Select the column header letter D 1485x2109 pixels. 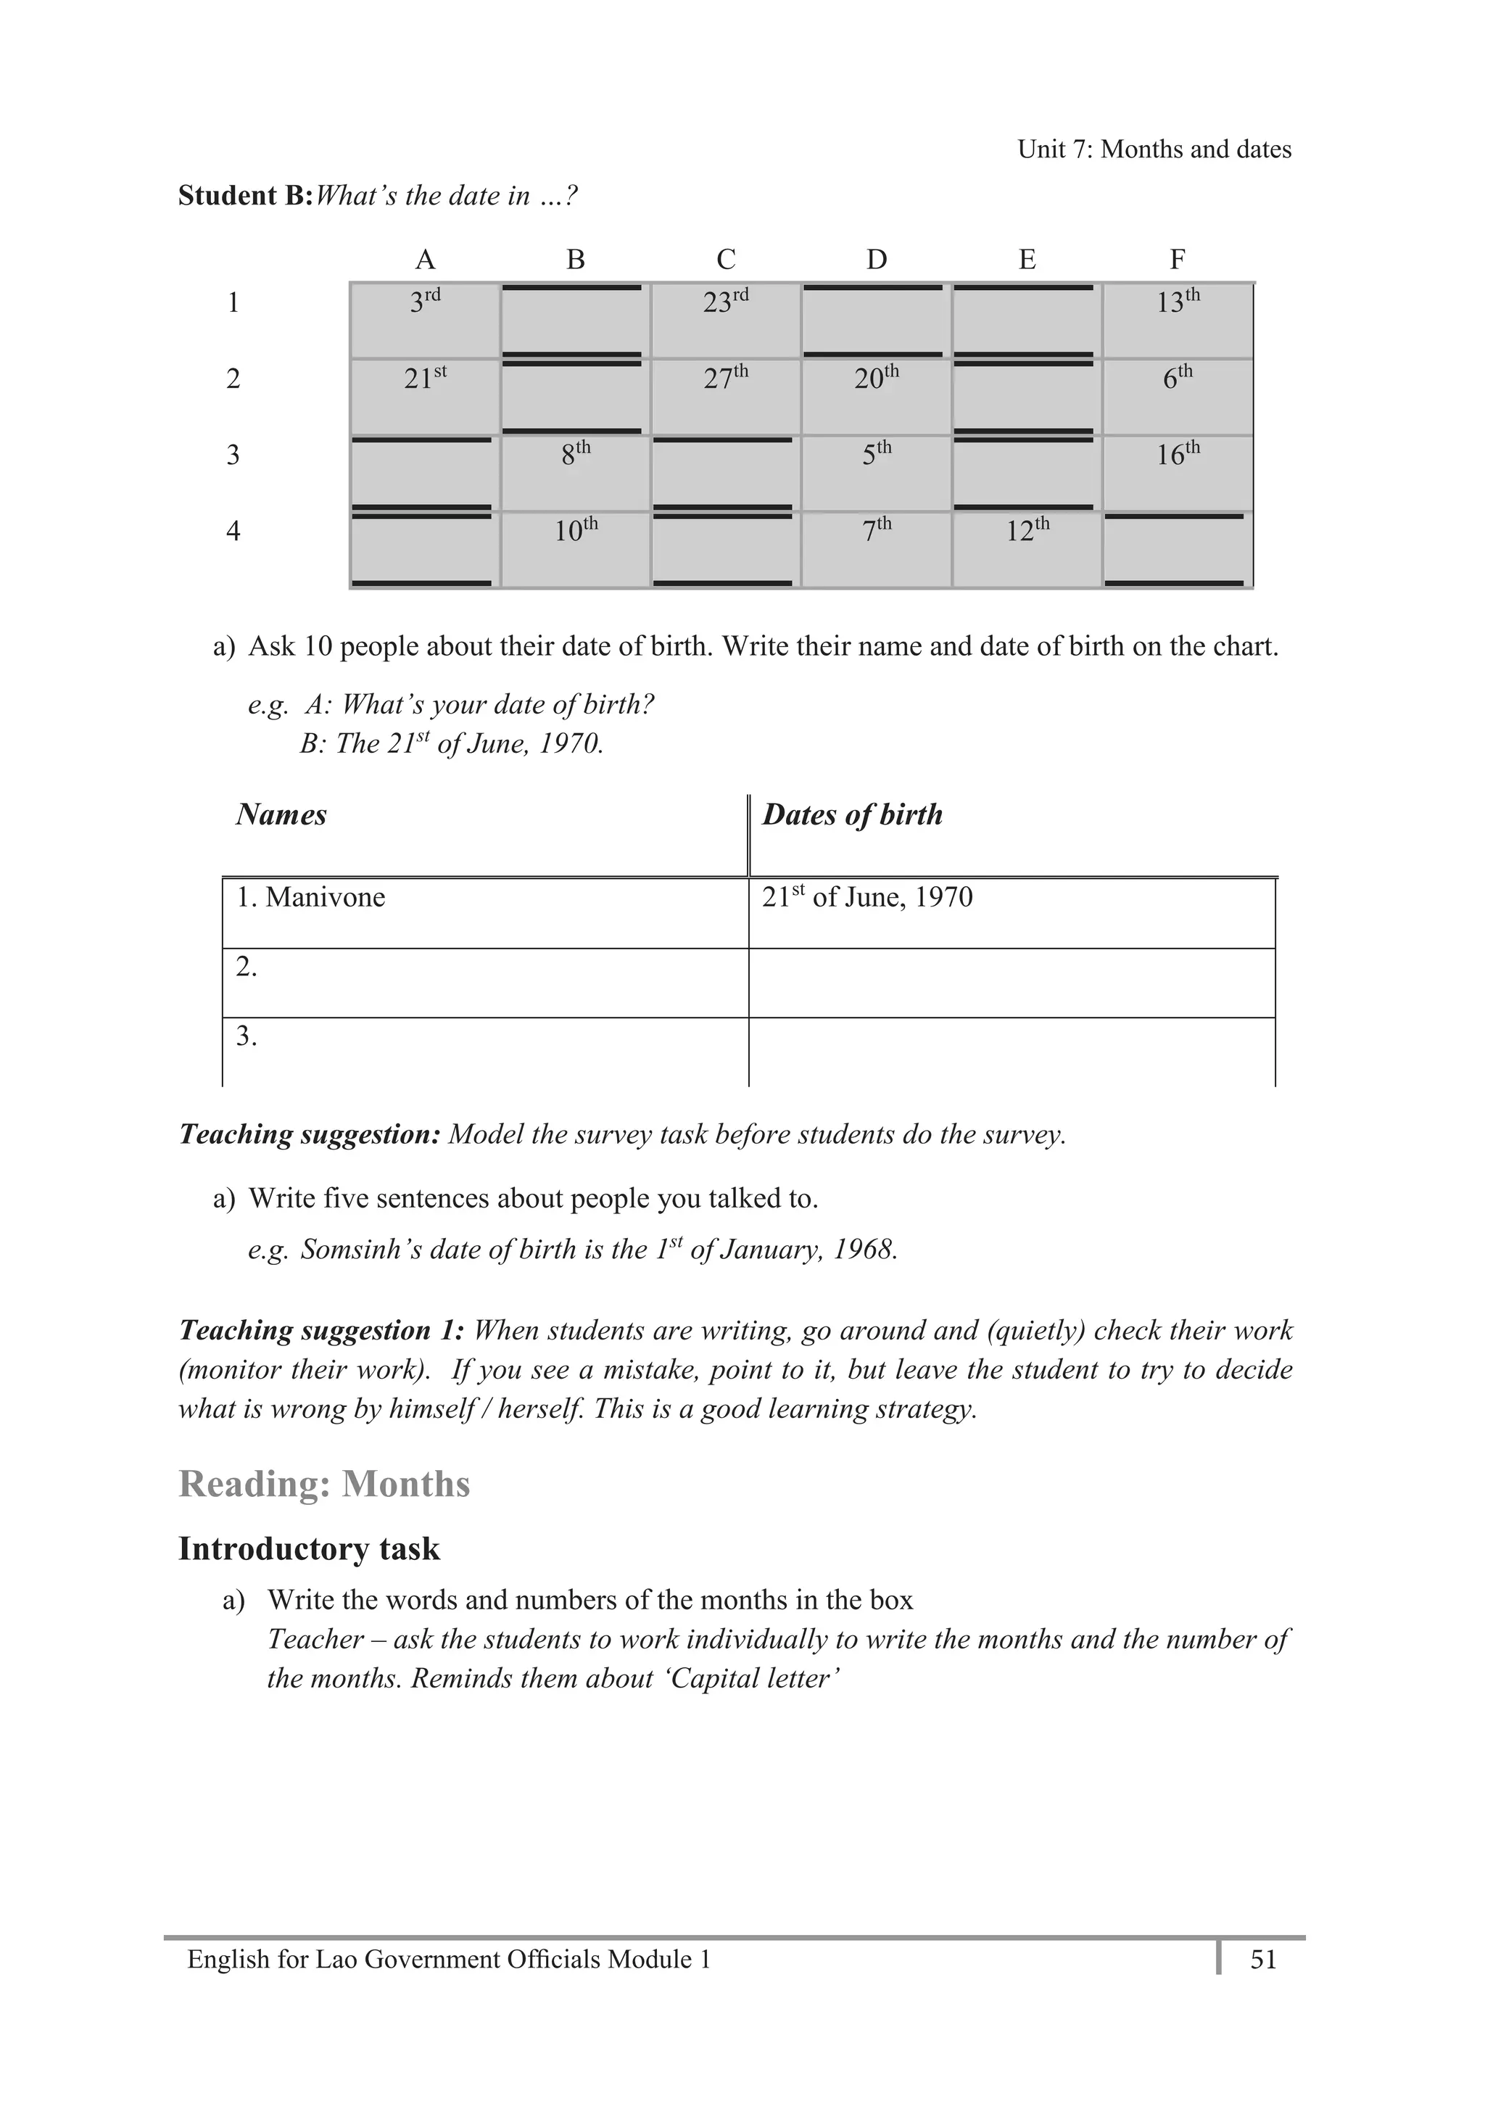coord(876,260)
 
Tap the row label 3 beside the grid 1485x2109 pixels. coord(233,455)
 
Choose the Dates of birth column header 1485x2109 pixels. coord(852,814)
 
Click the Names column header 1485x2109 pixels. coord(281,814)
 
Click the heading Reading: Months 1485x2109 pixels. coord(323,1483)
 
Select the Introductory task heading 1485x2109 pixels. coord(309,1548)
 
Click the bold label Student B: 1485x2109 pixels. coord(245,196)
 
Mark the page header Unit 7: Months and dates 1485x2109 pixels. coord(1154,149)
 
